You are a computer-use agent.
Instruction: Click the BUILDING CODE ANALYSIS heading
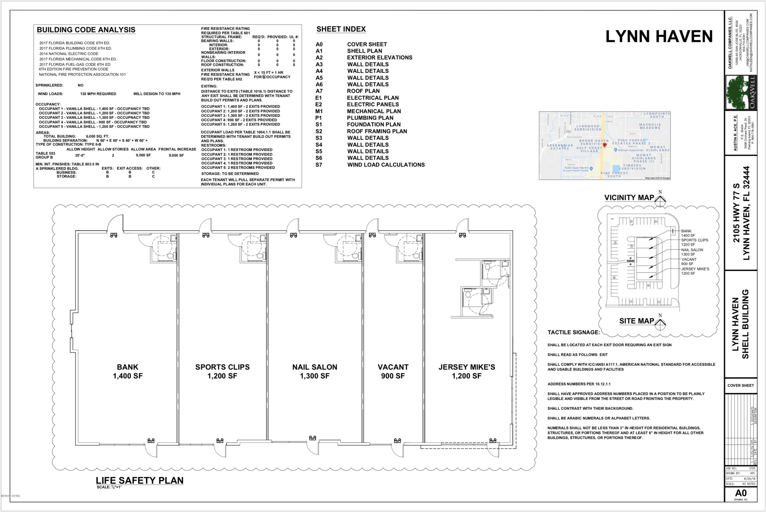click(86, 30)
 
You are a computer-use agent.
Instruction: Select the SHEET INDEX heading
click(341, 29)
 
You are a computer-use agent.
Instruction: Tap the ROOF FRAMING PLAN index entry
click(377, 131)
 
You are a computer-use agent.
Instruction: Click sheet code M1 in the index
click(319, 111)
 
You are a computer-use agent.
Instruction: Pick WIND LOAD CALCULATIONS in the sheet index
click(386, 165)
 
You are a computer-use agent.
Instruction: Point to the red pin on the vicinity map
click(604, 145)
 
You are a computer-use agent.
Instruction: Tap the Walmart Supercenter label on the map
click(630, 150)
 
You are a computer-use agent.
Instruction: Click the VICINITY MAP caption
click(629, 198)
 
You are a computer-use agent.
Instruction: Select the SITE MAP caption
click(636, 321)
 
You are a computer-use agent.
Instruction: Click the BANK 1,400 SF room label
click(128, 371)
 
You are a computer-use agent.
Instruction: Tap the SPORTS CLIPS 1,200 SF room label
click(222, 371)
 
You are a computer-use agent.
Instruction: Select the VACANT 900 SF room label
click(393, 371)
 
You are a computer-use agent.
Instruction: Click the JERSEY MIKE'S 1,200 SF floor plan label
click(466, 371)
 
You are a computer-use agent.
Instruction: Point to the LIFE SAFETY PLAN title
click(139, 480)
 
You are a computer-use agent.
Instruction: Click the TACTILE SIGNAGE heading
click(574, 332)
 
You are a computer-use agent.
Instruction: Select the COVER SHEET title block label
click(740, 385)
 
